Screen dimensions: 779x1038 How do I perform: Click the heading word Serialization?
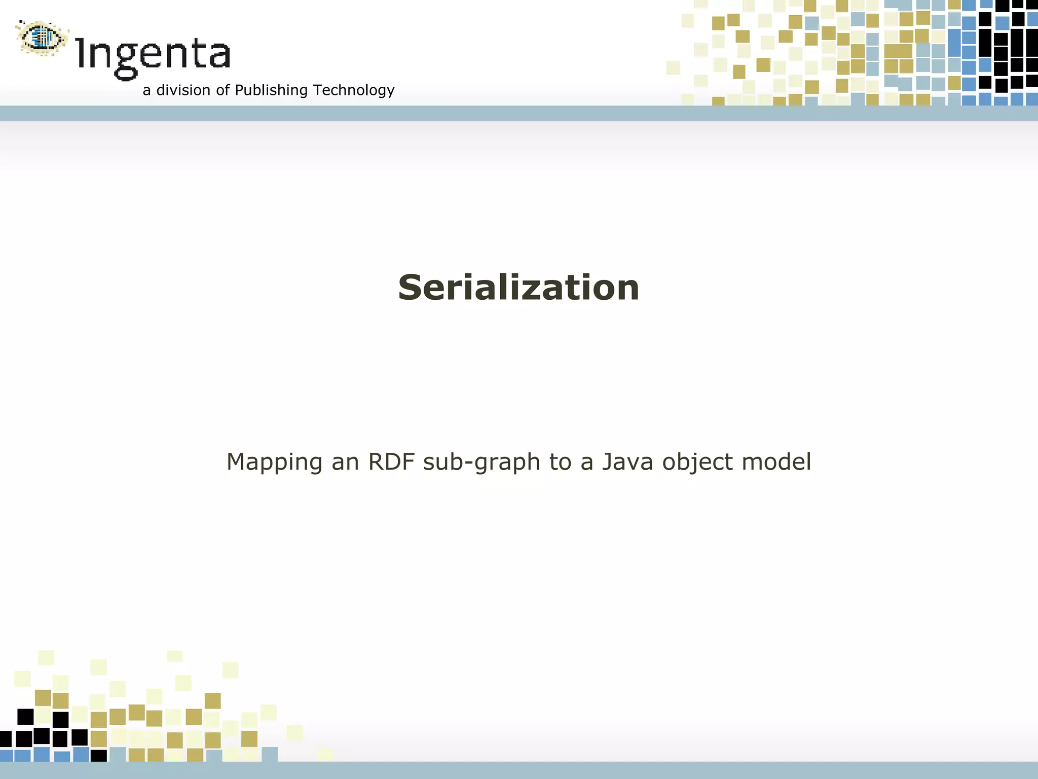pyautogui.click(x=518, y=288)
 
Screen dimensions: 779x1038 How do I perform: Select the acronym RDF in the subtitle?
pyautogui.click(x=390, y=462)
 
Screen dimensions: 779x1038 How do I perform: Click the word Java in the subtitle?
pyautogui.click(x=627, y=462)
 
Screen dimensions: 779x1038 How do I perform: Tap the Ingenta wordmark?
pyautogui.click(x=153, y=55)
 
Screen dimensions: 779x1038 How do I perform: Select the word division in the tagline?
pyautogui.click(x=183, y=90)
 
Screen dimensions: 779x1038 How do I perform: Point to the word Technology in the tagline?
pyautogui.click(x=354, y=90)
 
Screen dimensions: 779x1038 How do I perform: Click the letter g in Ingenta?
pyautogui.click(x=125, y=60)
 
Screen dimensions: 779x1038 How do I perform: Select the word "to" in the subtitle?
pyautogui.click(x=560, y=462)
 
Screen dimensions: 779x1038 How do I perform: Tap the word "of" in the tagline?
pyautogui.click(x=223, y=90)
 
